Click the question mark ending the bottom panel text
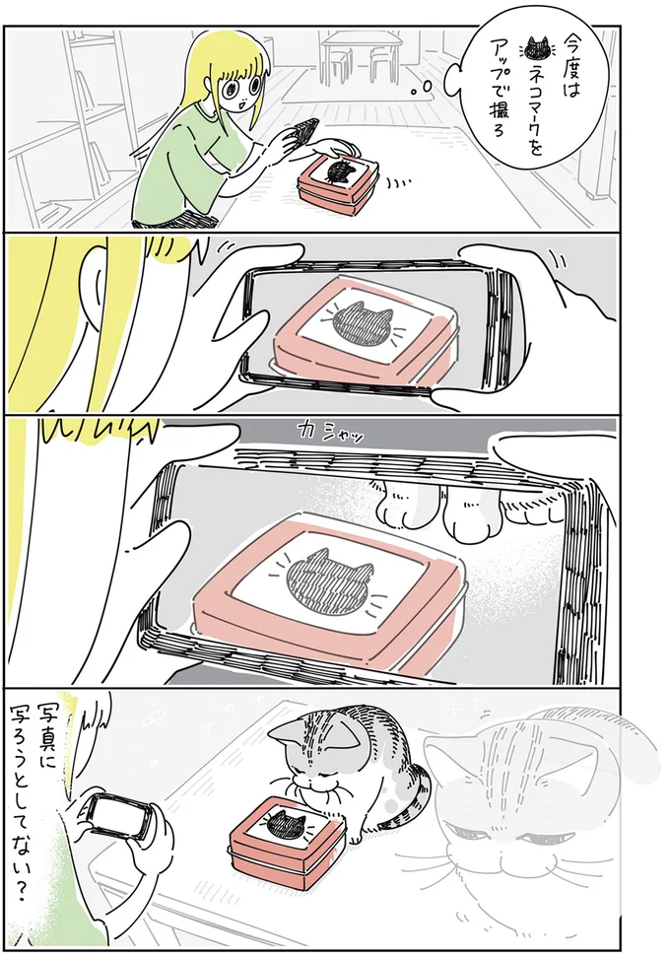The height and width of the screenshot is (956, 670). [51, 906]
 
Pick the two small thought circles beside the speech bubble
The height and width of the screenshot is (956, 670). [432, 87]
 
